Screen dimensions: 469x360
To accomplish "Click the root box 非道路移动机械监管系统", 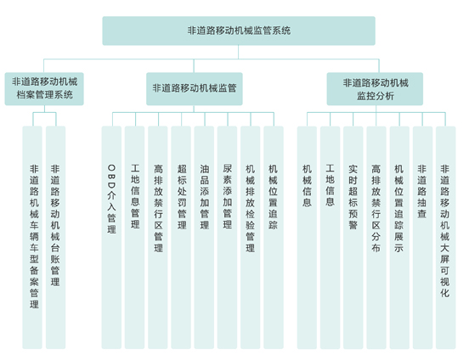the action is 239,31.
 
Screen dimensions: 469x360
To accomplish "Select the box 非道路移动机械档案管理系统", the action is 44,89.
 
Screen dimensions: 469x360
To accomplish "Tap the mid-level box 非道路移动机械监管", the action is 195,89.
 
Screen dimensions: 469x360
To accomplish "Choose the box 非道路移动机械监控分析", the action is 375,89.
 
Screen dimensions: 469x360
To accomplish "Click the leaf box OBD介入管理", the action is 111,238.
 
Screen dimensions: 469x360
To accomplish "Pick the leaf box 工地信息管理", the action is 134,238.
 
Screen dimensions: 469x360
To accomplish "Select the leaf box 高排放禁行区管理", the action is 158,238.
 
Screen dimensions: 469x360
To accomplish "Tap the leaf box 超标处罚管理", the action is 181,238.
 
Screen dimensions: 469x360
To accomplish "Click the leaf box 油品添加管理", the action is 204,238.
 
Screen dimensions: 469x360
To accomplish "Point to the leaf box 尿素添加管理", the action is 228,238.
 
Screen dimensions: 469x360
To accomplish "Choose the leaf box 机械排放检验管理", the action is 251,238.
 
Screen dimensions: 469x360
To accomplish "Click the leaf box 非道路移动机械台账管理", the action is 55,238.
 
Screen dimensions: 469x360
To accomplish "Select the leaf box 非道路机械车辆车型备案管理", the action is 32,238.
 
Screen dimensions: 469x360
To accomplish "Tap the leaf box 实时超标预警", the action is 353,238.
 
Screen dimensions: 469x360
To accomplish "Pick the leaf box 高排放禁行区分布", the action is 376,238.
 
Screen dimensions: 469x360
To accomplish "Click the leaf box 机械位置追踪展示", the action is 399,238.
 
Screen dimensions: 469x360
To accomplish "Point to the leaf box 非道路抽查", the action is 422,238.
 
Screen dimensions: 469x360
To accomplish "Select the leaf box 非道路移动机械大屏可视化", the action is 446,238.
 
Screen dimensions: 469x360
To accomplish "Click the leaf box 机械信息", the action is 307,238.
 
